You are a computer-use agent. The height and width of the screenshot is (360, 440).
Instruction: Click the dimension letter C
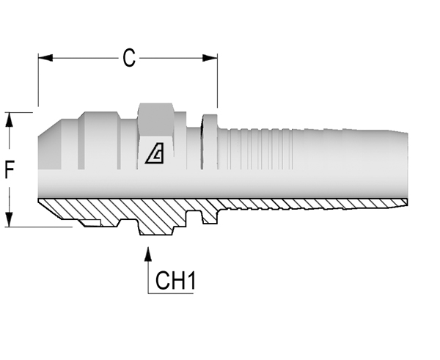[129, 58]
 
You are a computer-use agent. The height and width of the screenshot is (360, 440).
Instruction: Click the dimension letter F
[10, 169]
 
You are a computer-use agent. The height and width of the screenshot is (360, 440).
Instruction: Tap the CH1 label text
[175, 280]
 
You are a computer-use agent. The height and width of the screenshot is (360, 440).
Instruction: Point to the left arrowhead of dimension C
[45, 58]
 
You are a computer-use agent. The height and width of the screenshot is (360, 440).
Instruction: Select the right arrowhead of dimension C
[210, 58]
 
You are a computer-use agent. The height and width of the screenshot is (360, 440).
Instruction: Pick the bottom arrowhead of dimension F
[10, 219]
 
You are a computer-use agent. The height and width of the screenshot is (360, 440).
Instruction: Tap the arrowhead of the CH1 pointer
[148, 254]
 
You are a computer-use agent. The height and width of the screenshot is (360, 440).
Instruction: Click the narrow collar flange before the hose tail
[209, 142]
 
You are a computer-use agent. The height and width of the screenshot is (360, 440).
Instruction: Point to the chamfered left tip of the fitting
[50, 144]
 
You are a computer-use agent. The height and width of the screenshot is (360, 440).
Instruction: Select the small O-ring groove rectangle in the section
[90, 223]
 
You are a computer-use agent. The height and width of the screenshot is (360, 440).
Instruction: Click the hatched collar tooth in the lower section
[209, 216]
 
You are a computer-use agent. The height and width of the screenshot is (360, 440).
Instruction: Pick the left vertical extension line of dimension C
[38, 80]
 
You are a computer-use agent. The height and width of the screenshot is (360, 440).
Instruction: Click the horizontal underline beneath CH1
[171, 293]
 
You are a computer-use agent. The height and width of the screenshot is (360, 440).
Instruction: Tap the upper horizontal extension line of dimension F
[19, 112]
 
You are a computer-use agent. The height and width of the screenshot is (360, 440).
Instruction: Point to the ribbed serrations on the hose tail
[261, 150]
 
